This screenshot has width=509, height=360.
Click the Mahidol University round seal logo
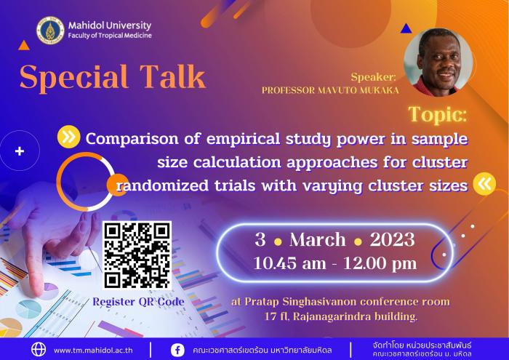tap(50, 31)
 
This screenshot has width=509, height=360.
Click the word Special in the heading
tap(73, 78)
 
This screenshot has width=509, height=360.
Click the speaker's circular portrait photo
tap(438, 63)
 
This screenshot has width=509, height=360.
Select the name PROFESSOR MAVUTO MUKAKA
tap(330, 90)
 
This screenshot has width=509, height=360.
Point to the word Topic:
tap(438, 115)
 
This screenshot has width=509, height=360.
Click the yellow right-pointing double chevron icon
tap(69, 137)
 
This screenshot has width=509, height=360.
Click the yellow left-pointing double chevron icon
tap(484, 184)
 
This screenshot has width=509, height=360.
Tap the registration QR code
tap(137, 255)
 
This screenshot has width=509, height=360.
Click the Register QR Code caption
tap(139, 302)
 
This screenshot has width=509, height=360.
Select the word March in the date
tap(318, 240)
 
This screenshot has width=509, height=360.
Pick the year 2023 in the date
tap(392, 240)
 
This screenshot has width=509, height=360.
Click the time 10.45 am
tap(289, 263)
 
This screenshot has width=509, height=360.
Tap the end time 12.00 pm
tap(380, 263)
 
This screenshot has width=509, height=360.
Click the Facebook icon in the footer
tap(177, 351)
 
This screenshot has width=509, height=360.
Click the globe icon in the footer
tap(39, 350)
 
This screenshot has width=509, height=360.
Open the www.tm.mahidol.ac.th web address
tap(93, 351)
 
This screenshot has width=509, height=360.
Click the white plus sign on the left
tap(20, 151)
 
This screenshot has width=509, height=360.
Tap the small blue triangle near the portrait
tap(406, 29)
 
